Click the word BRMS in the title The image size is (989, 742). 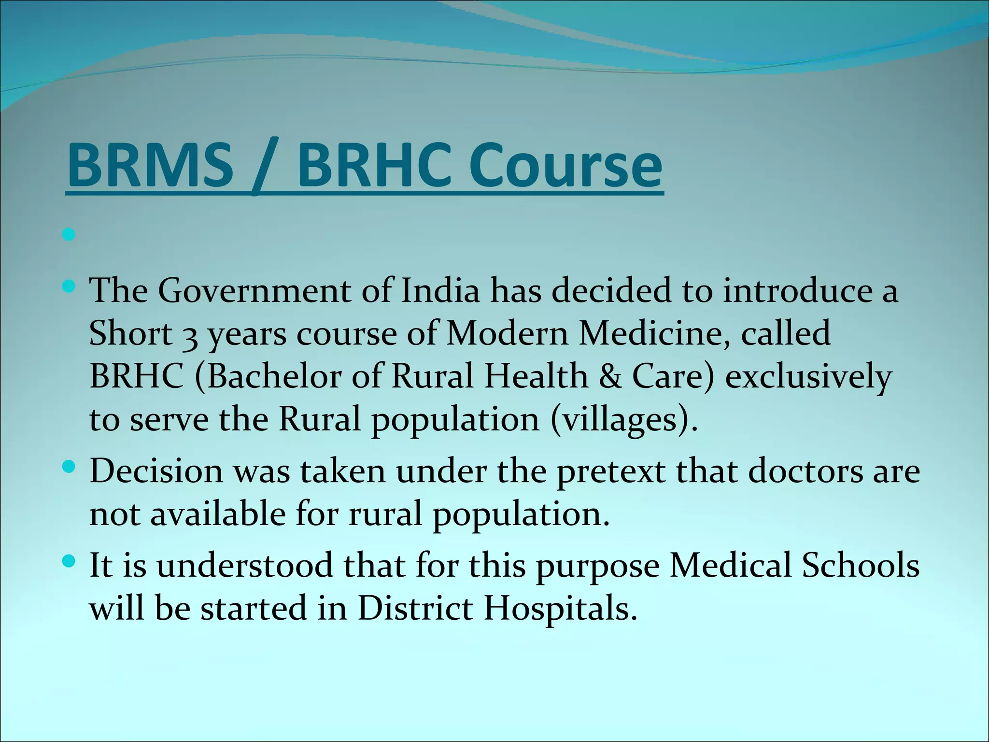(x=150, y=165)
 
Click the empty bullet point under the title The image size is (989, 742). (x=69, y=235)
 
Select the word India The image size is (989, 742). (x=440, y=291)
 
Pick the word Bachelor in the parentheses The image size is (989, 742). (x=274, y=376)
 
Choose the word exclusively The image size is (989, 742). (x=808, y=377)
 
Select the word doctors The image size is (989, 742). (x=805, y=471)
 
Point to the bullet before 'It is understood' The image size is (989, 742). (x=69, y=561)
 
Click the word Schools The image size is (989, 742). (x=861, y=565)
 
